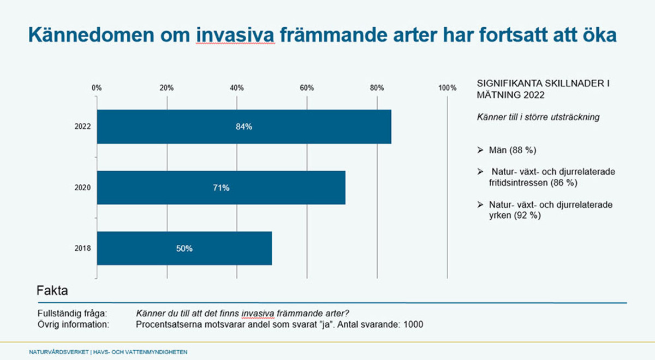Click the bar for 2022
point(244,127)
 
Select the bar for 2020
point(221,188)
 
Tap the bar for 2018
point(184,248)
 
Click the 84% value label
point(244,127)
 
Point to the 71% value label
point(221,188)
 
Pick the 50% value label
point(184,248)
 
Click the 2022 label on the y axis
point(82,127)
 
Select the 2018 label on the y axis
point(82,249)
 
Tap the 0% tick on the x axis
point(97,88)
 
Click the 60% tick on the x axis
point(307,88)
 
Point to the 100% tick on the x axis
point(448,88)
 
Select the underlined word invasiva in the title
point(235,35)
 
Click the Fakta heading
point(52,291)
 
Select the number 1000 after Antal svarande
point(413,324)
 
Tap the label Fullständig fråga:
point(72,313)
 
